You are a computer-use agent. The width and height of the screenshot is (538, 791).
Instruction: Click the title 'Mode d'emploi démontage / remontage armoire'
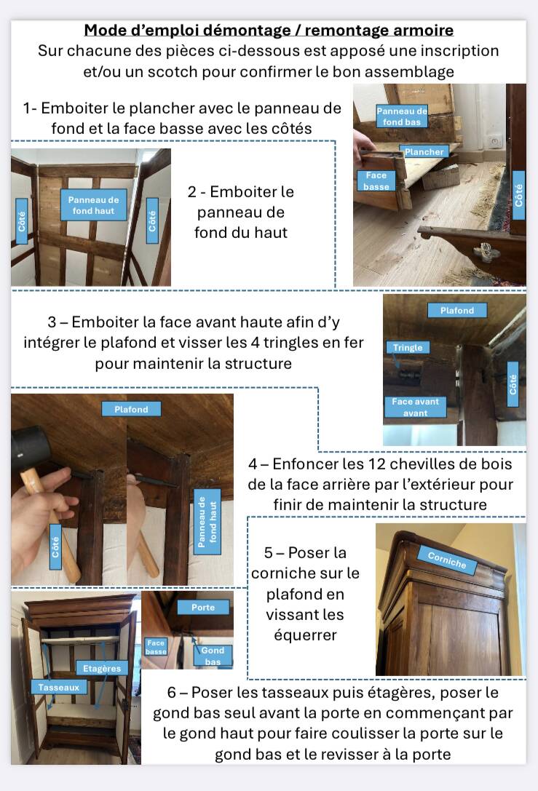tap(269, 31)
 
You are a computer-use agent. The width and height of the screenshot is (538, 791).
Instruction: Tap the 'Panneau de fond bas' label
tap(402, 116)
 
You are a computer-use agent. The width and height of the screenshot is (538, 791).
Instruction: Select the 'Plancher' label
tap(424, 152)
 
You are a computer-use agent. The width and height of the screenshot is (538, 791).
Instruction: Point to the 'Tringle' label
tap(408, 348)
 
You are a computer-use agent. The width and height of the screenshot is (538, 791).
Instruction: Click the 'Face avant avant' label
tap(416, 407)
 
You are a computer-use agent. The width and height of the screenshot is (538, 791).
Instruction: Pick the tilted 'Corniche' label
tap(447, 560)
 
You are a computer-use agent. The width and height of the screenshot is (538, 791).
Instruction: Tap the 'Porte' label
tap(203, 608)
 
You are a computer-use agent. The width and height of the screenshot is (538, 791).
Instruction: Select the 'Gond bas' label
tap(213, 656)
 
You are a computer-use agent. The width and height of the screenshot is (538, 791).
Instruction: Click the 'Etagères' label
tap(102, 669)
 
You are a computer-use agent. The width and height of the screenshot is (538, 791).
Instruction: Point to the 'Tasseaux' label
tap(58, 687)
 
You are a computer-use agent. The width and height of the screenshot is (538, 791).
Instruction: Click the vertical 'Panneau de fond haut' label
tap(207, 522)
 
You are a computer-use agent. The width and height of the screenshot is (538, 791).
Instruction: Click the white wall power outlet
tap(496, 142)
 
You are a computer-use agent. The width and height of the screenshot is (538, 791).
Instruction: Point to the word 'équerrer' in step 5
tap(305, 635)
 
